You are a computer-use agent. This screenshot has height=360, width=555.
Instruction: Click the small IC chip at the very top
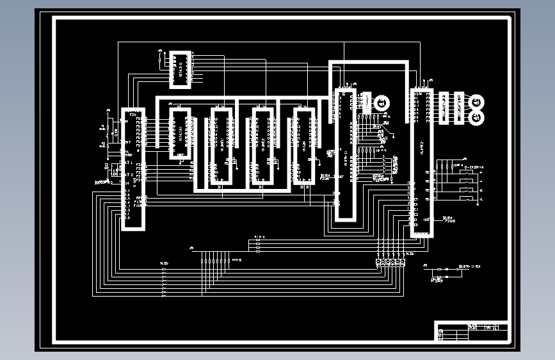[x=180, y=69]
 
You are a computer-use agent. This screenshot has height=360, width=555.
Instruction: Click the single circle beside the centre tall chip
[x=382, y=102]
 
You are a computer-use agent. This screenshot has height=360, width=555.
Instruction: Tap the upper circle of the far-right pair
[x=476, y=101]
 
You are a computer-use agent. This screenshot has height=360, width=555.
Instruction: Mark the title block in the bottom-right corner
[x=472, y=331]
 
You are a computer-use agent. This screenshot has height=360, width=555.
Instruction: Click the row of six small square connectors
[x=390, y=262]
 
